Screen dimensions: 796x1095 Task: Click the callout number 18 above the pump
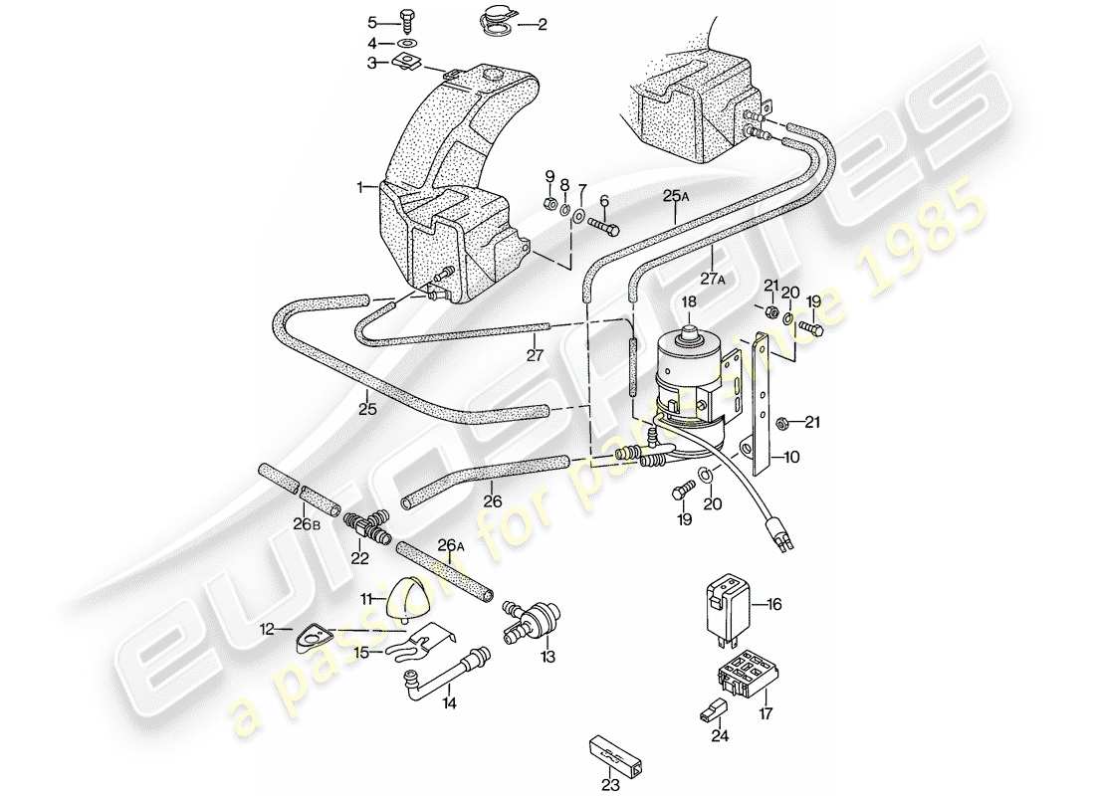688,302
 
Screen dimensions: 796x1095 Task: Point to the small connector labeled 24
710,710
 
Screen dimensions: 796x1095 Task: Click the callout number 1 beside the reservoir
362,186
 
